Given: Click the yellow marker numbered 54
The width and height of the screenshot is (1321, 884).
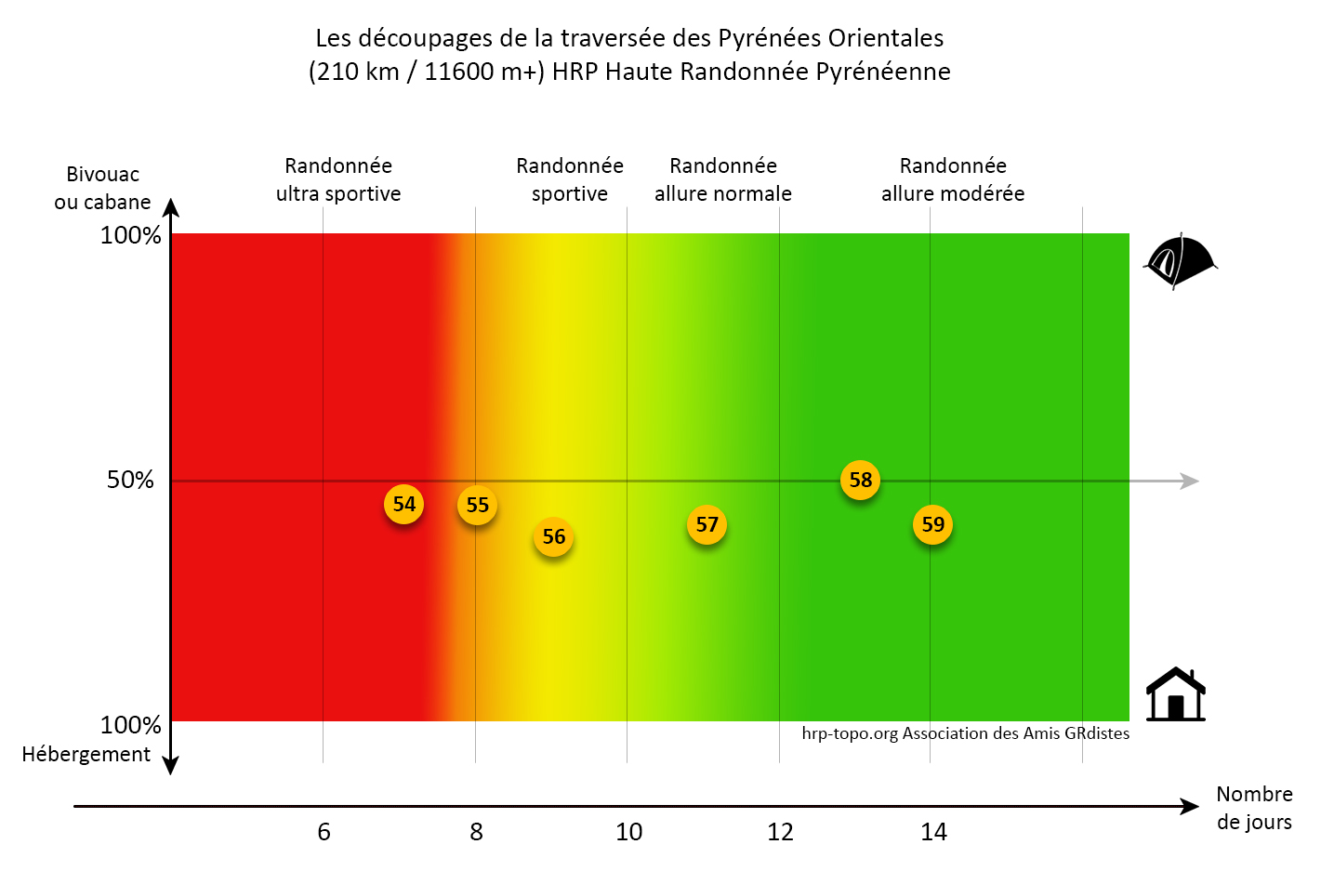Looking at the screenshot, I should coord(403,504).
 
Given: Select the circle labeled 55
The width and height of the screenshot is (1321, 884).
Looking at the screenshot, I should coord(477,505).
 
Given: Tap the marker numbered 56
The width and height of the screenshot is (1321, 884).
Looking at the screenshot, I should coord(553,536).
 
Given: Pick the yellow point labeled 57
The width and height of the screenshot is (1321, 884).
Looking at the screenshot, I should coord(707,524).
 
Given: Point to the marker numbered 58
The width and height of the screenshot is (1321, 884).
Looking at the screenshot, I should coord(861,480).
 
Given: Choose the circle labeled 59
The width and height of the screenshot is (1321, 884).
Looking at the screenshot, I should coord(932,524).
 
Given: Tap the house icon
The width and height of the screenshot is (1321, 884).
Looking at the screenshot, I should coord(1175,694).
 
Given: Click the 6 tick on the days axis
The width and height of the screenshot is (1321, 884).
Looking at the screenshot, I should coord(324,832).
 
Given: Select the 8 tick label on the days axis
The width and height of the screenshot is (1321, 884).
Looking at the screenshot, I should coord(476,832).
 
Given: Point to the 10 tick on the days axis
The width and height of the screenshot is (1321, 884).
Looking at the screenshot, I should coord(628,832).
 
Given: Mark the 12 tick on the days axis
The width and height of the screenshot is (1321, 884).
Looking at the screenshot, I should coord(780,832).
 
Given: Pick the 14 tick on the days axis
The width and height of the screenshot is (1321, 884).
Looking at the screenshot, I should coord(933,832).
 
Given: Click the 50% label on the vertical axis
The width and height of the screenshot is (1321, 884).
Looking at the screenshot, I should coord(130,480).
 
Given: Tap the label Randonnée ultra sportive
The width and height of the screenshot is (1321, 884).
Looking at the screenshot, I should coord(338,179).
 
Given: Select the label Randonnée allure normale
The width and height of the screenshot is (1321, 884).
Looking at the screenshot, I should coord(723,179).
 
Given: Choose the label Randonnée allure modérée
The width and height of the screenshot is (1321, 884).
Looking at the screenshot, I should coord(953,179).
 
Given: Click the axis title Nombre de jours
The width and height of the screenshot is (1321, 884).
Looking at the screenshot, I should coord(1254,808).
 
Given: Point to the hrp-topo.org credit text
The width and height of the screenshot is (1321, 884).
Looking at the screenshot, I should coord(965,733).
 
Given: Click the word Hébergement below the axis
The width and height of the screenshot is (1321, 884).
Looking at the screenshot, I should coord(86,754).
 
